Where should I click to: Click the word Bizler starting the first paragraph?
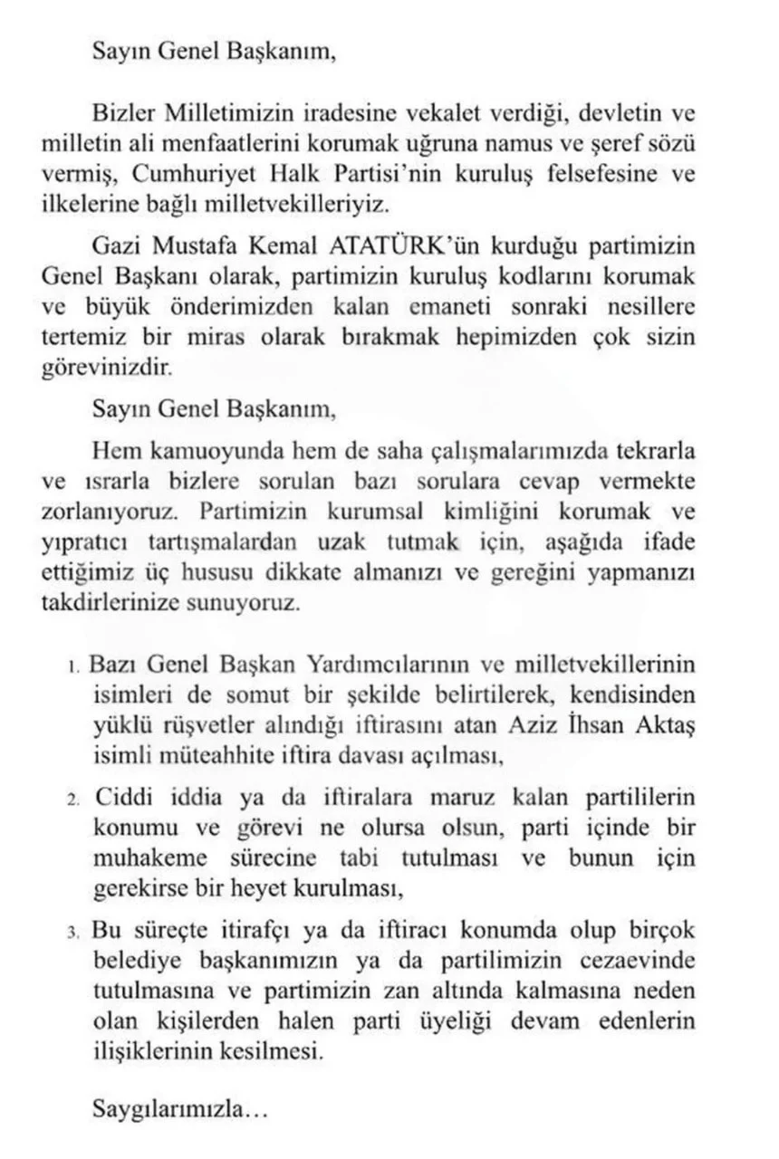pos(125,114)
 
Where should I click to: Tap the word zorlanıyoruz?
pos(108,511)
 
